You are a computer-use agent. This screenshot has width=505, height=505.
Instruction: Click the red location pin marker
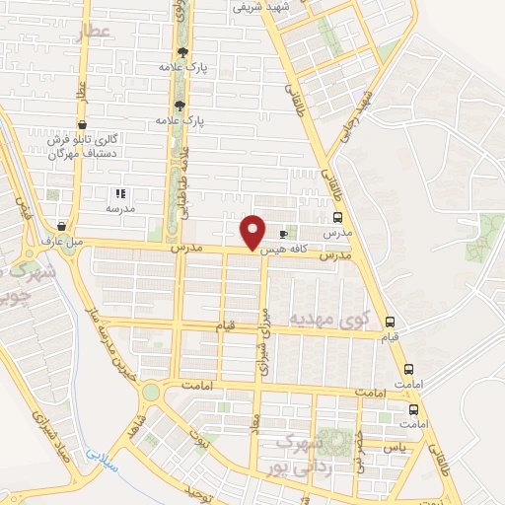pos(253,232)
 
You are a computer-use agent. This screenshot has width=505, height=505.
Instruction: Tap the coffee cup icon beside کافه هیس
pos(284,235)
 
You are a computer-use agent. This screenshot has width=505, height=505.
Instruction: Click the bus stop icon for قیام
pos(391,322)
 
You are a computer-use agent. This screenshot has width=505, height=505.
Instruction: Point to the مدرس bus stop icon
pos(338,219)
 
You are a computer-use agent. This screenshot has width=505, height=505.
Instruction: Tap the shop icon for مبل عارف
pos(62,226)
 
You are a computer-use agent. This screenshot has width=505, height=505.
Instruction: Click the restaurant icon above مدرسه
pos(120,194)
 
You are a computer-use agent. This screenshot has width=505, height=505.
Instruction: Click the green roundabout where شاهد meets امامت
pos(151,393)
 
